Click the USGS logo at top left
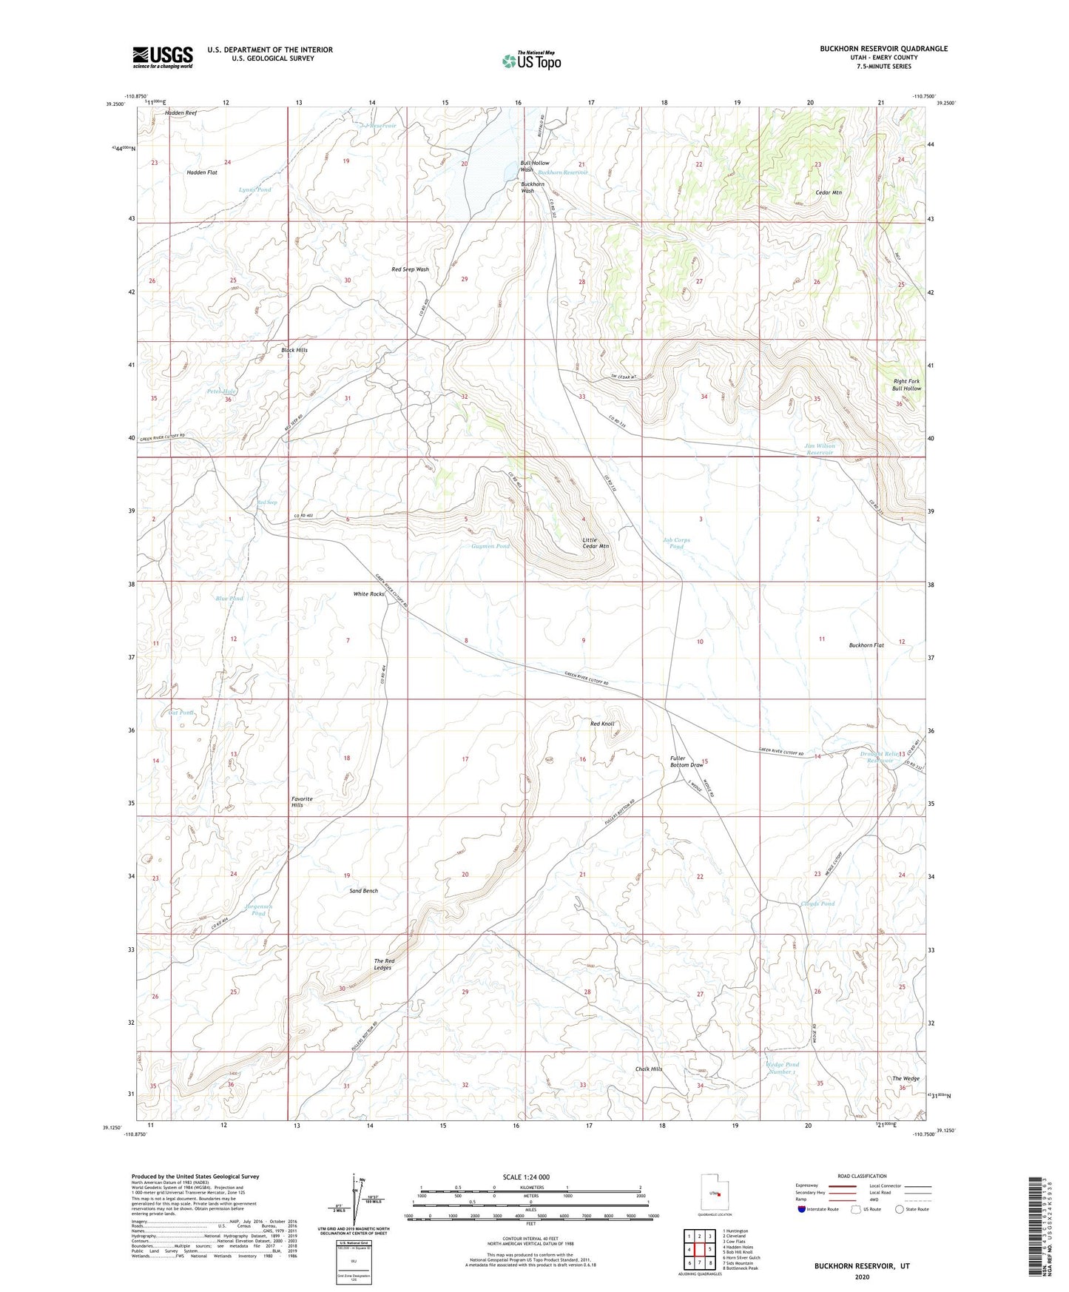(162, 56)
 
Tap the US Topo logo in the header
(530, 61)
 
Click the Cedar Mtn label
(828, 192)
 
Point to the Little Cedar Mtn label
(595, 542)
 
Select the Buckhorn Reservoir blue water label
(562, 172)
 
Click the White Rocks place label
(368, 594)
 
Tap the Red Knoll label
(601, 724)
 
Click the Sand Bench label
(363, 891)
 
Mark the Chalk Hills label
(649, 1069)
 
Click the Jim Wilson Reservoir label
(819, 449)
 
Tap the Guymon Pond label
(490, 546)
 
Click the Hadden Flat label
(202, 172)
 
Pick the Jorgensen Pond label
(259, 909)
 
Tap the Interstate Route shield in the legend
(801, 1209)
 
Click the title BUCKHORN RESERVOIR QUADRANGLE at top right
(883, 49)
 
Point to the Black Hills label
(294, 350)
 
